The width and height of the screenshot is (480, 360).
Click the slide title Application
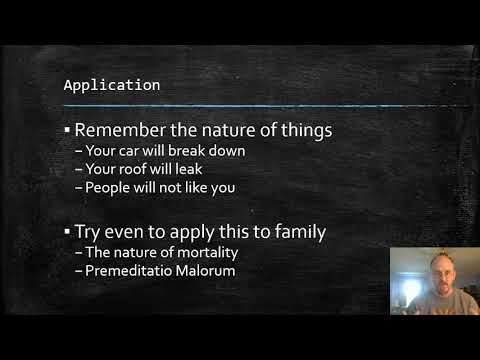coord(111,85)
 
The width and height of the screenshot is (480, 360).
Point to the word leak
coord(187,169)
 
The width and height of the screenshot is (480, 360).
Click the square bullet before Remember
coord(67,130)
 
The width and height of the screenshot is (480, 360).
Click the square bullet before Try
coord(67,232)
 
